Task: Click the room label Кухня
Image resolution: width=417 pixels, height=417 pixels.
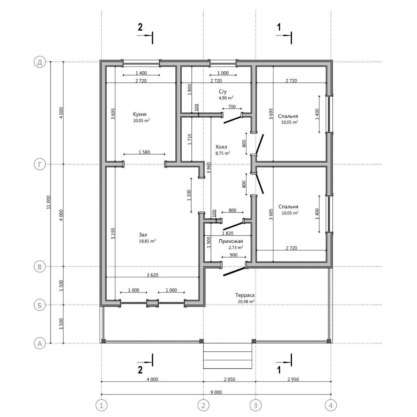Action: point(140,114)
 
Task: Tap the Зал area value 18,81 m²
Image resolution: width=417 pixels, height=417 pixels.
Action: point(147,241)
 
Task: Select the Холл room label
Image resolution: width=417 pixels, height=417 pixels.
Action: point(221,147)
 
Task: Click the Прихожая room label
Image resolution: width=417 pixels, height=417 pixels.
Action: point(231,241)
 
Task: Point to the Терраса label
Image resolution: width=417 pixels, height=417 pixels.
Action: point(245,295)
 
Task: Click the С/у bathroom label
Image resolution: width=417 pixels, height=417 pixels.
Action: point(223,92)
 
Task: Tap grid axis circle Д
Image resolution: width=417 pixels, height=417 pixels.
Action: point(40,62)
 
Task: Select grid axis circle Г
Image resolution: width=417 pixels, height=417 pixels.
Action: point(40,164)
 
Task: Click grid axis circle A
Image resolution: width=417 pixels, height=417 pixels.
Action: point(40,343)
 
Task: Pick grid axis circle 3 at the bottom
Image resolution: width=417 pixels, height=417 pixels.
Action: point(256,405)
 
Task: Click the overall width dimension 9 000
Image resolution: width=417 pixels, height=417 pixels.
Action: point(216,392)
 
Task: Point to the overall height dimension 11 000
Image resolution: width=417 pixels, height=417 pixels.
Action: point(48,202)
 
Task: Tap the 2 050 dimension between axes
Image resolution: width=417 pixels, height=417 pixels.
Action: point(229,379)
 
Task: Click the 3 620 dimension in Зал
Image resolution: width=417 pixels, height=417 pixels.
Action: point(153,275)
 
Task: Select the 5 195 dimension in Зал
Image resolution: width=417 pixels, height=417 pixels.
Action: point(113,233)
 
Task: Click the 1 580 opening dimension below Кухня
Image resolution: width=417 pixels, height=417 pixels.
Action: point(144,152)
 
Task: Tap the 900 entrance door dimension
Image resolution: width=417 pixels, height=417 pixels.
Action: point(234,255)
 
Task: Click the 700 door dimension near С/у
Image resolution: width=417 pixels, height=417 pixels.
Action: point(232,107)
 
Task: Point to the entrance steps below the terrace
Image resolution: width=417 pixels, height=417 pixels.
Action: point(227,356)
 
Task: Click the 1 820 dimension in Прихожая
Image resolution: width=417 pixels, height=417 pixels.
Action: point(227,233)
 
